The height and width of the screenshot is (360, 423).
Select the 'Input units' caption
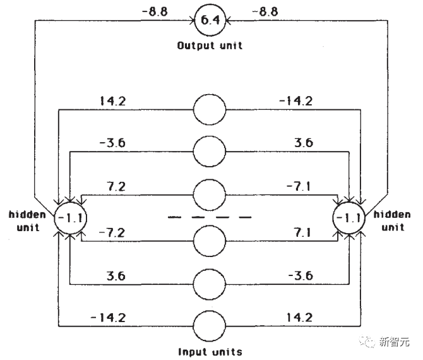pyautogui.click(x=210, y=351)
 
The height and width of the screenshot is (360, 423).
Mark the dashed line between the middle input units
pyautogui.click(x=210, y=217)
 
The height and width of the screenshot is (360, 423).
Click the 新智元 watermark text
pyautogui.click(x=394, y=342)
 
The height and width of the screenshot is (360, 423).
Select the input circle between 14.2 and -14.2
pyautogui.click(x=210, y=109)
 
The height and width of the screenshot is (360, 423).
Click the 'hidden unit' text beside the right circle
pyautogui.click(x=392, y=220)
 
